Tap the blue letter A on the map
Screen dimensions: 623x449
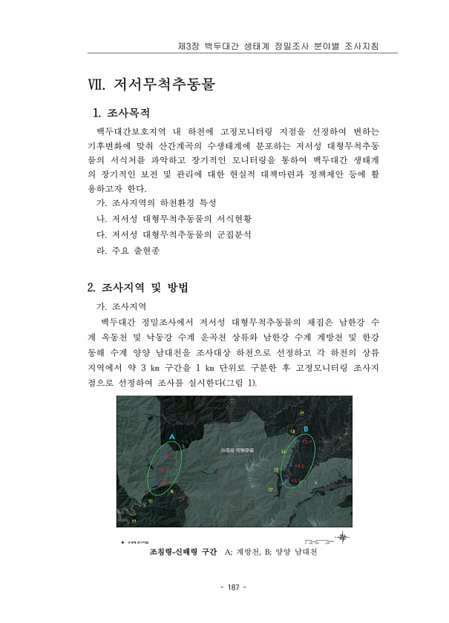pyautogui.click(x=172, y=438)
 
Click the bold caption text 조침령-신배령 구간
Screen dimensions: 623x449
pyautogui.click(x=182, y=553)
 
